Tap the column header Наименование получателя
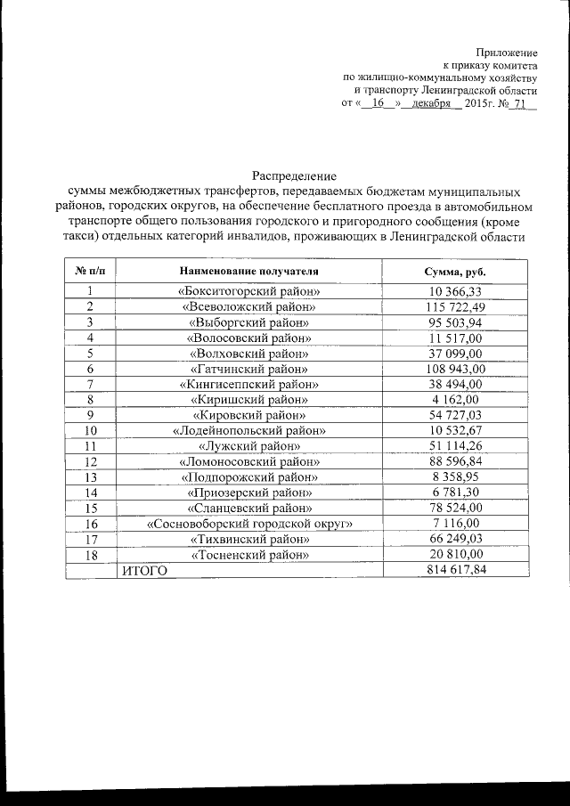(x=248, y=270)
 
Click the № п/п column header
(x=90, y=270)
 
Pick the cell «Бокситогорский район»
(x=248, y=291)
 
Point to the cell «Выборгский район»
(x=248, y=322)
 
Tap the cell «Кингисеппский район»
(x=248, y=384)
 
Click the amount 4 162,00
(x=455, y=399)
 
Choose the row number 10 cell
(x=90, y=430)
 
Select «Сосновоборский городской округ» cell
(x=248, y=523)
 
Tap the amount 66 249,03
(x=455, y=539)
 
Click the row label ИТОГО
(x=143, y=570)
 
